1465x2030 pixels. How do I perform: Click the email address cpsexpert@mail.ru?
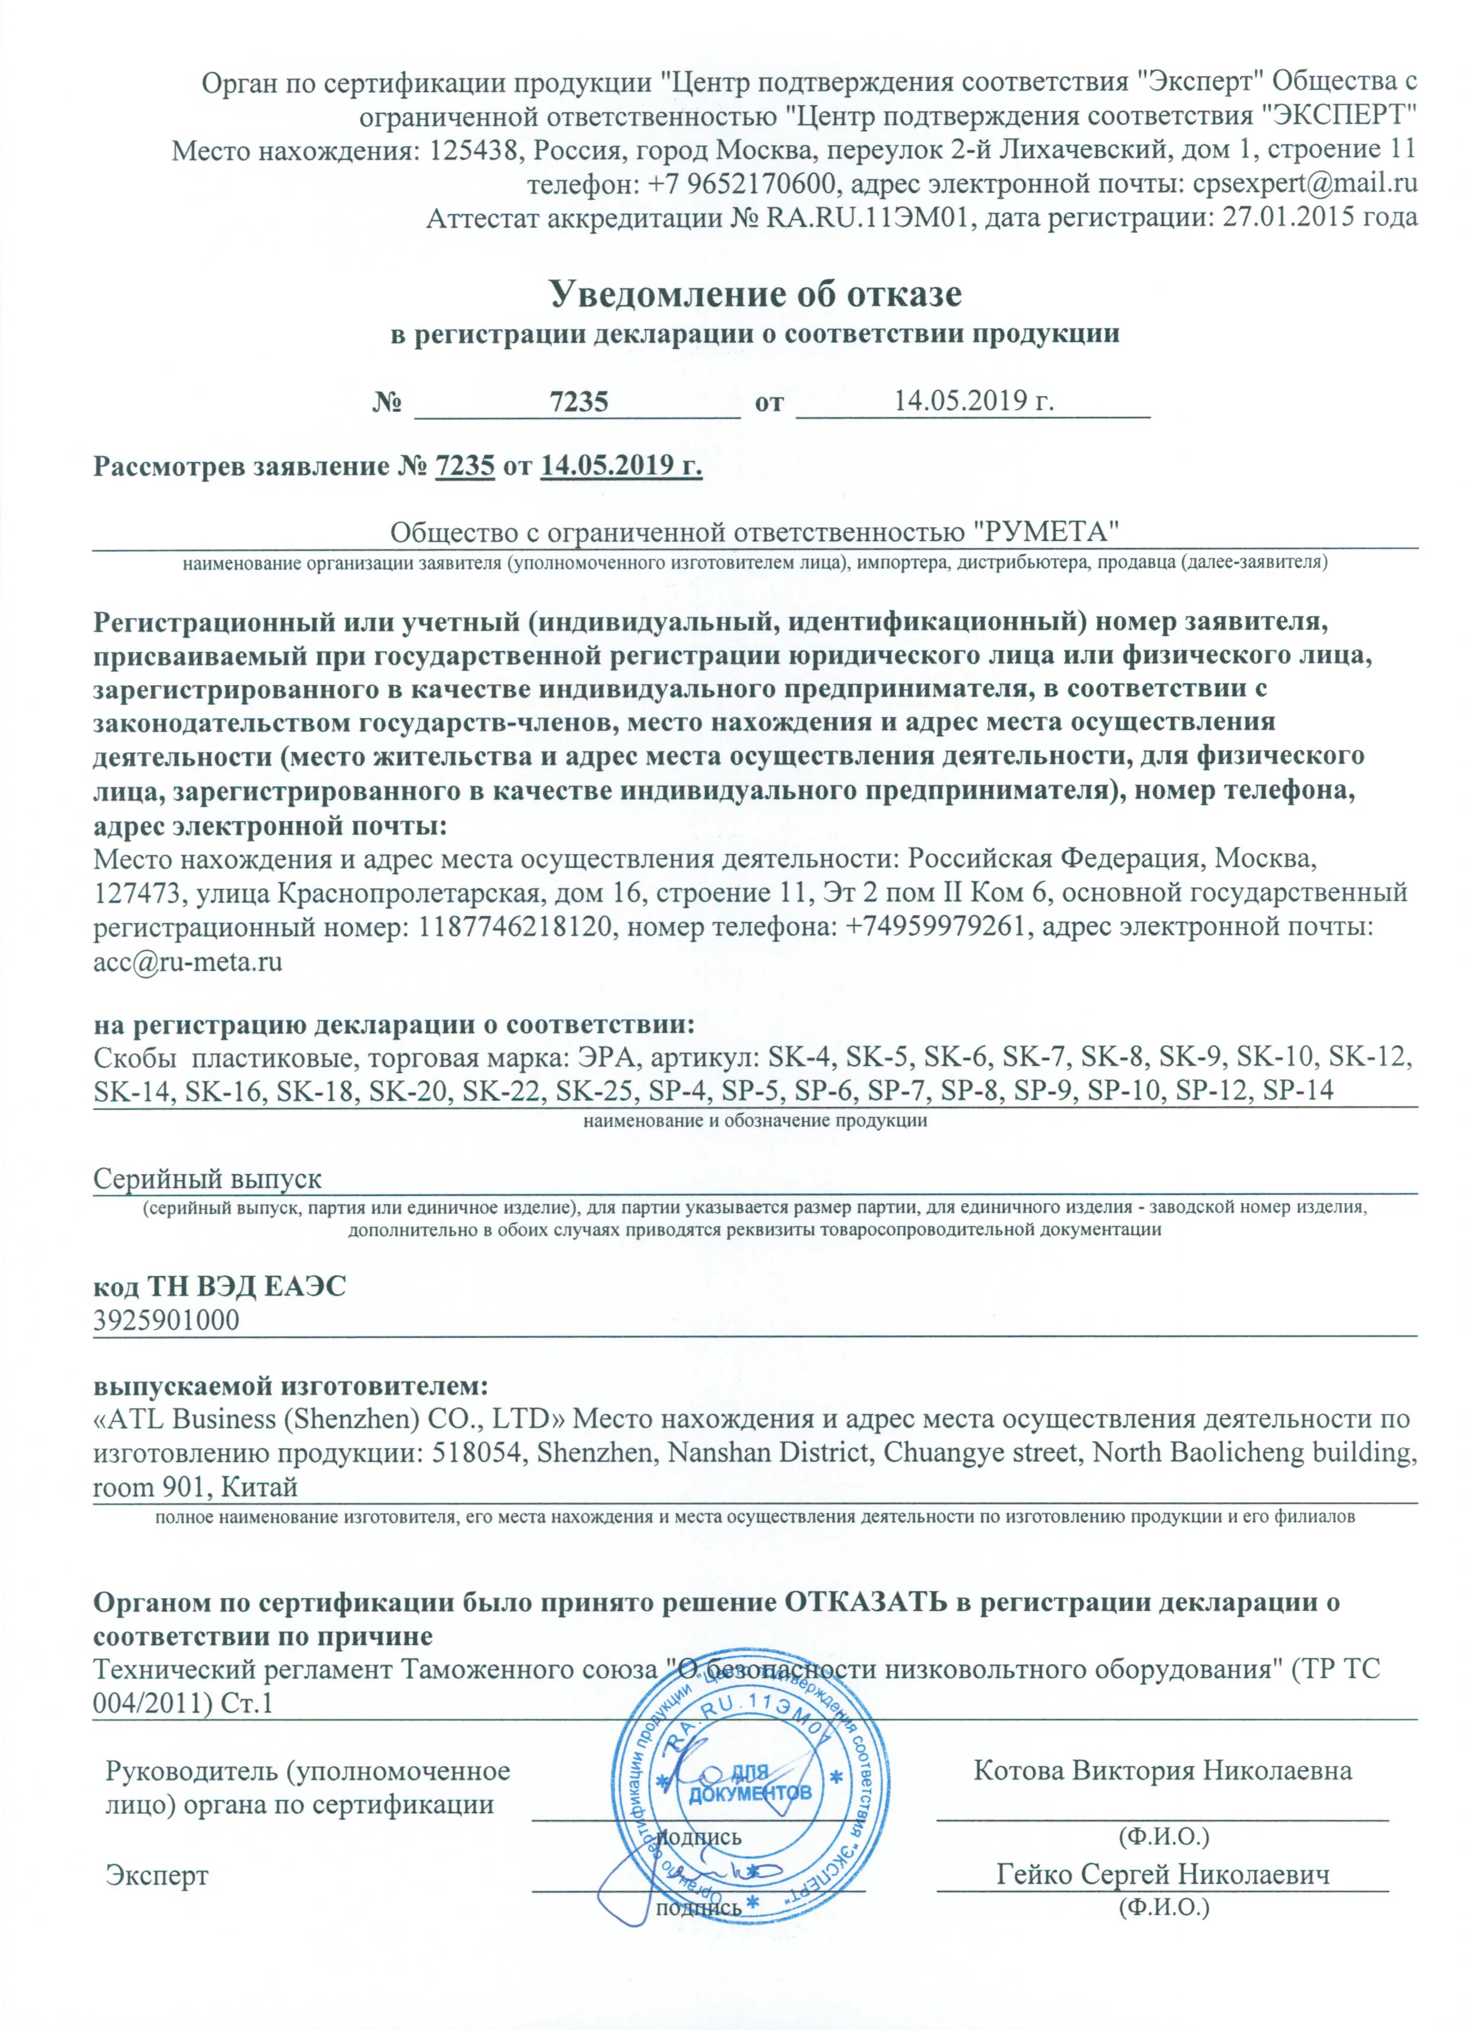point(1303,184)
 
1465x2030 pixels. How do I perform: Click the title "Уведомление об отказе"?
point(755,293)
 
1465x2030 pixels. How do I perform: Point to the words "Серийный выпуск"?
point(208,1179)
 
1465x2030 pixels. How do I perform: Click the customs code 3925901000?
point(167,1320)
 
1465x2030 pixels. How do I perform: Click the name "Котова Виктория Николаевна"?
point(1161,1745)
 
